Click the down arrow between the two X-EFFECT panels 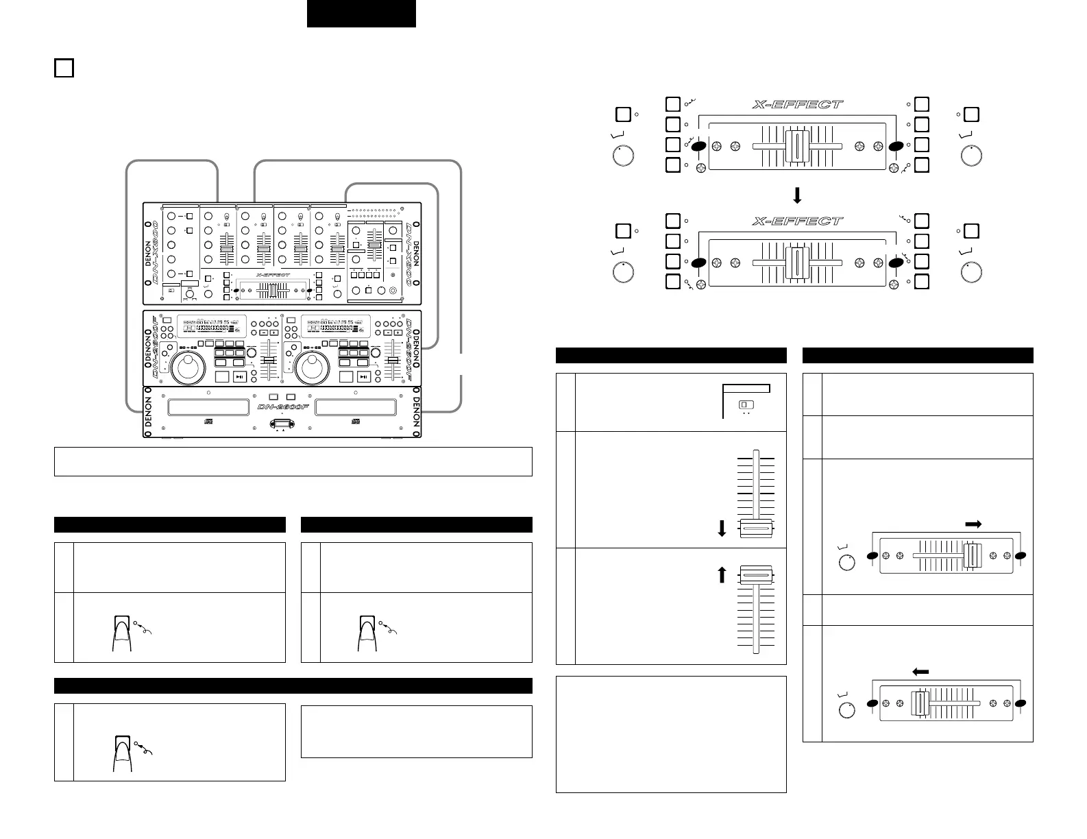(797, 196)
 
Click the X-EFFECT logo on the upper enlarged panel (797, 105)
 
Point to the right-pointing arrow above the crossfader (973, 524)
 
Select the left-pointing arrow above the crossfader (920, 672)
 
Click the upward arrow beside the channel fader (721, 574)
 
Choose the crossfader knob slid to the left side (920, 704)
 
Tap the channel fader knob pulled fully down (756, 529)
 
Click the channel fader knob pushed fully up (756, 575)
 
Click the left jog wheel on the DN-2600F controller (187, 369)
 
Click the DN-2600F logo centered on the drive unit (282, 407)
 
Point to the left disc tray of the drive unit (208, 407)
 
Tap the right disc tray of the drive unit (356, 407)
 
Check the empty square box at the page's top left (64, 68)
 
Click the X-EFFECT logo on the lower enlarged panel (797, 221)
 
